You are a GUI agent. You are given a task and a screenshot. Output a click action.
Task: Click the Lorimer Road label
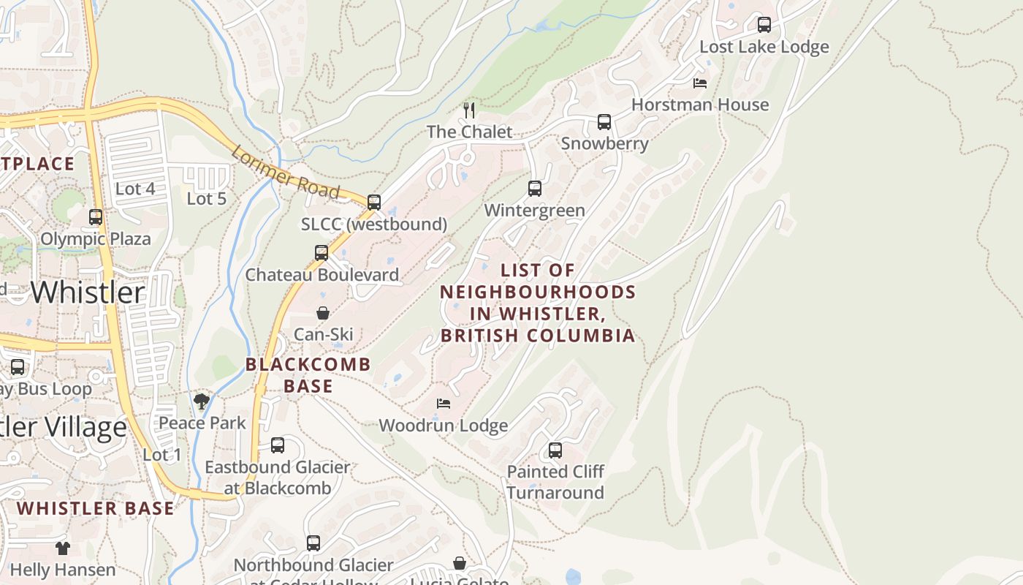285,173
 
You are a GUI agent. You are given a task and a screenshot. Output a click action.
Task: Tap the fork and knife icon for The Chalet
469,110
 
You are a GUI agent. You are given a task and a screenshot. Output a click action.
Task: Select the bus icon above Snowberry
604,122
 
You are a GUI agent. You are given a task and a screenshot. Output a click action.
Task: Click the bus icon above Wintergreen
535,189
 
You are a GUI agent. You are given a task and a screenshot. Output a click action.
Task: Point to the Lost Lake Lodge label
764,47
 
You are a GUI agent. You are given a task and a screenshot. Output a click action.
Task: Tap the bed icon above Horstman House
700,83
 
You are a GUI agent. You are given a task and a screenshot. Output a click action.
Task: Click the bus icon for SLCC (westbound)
374,203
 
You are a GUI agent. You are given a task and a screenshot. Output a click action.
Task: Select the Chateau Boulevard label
322,275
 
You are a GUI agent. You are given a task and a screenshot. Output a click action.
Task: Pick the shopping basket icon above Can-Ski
322,313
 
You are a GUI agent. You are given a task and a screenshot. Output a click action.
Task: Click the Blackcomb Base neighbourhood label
308,374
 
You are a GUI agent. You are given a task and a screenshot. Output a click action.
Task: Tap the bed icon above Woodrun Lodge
443,403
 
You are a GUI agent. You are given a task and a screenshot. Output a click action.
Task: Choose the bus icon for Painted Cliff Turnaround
555,450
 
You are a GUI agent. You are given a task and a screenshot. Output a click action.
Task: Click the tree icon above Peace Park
202,401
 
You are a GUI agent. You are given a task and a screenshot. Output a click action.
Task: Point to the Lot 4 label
135,189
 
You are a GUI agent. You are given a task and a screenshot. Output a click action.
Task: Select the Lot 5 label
207,198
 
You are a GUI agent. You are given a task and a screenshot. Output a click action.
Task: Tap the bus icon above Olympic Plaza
96,217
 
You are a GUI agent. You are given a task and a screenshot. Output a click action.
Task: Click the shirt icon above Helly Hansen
62,548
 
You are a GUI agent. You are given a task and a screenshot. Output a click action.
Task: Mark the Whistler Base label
96,508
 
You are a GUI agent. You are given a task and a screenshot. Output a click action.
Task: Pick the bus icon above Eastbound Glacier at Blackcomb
278,445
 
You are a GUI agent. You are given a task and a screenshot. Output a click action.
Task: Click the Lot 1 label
161,455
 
